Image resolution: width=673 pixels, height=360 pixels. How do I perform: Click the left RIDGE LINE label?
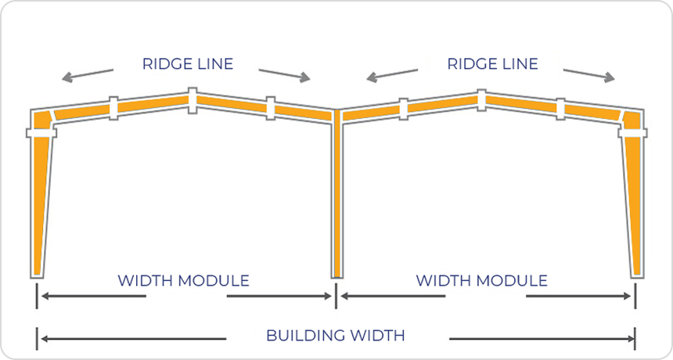[188, 64]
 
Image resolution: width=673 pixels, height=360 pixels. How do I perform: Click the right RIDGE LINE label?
[493, 64]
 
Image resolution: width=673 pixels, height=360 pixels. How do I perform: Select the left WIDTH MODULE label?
[183, 280]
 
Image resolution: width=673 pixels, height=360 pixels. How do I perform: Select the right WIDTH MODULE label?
[481, 280]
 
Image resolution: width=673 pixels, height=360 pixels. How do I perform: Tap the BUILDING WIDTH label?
[336, 336]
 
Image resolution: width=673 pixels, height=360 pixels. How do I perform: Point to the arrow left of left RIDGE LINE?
[88, 74]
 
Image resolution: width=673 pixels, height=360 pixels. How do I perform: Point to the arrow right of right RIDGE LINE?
[592, 74]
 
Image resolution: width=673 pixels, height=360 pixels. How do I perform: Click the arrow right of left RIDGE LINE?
[285, 74]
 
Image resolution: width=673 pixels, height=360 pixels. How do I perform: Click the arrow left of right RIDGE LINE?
[391, 74]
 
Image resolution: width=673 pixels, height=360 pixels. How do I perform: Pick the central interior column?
[336, 196]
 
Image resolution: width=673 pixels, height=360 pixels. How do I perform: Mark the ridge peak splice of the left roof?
[193, 99]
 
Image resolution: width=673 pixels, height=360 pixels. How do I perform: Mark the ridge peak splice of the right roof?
[480, 99]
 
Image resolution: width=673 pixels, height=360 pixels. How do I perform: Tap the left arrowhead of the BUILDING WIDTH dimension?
[45, 338]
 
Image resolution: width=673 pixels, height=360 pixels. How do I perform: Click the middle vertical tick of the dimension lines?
[336, 296]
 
